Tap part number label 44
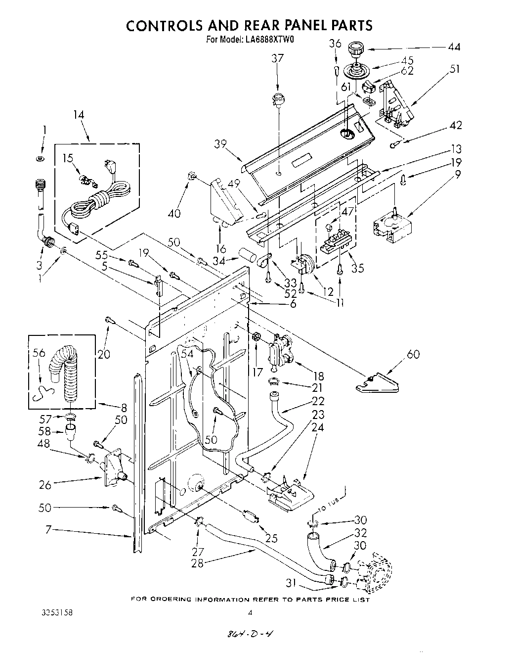454,47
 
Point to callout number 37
278,58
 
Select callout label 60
414,354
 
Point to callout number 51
454,69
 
